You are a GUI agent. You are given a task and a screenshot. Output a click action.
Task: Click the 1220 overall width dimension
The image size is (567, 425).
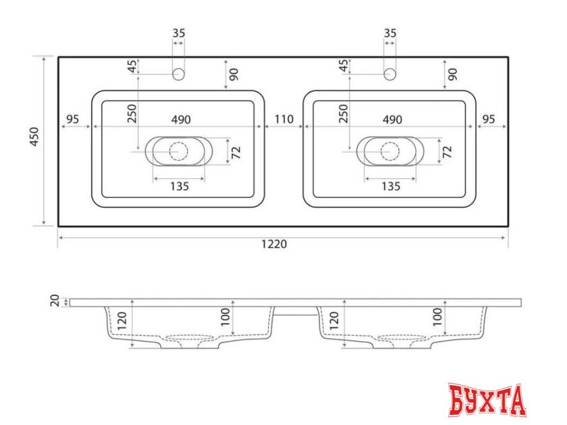tap(275, 245)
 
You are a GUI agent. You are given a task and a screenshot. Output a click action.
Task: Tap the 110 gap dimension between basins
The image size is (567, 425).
tap(283, 120)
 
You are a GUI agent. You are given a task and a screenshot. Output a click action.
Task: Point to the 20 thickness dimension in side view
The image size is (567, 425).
tap(55, 301)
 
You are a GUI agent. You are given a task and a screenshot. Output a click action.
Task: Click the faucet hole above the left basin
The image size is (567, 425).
tap(179, 74)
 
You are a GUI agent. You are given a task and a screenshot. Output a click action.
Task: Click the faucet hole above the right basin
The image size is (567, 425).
tap(389, 74)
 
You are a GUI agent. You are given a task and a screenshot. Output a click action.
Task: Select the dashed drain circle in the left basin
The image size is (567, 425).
tap(179, 151)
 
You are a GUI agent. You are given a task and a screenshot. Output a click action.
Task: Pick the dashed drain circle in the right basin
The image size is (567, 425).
tap(389, 151)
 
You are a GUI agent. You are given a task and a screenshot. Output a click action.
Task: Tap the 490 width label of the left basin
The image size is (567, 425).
tap(180, 120)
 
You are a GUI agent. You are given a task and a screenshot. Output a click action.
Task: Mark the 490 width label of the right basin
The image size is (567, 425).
tap(392, 120)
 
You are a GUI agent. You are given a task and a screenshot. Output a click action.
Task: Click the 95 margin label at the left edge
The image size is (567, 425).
tap(74, 120)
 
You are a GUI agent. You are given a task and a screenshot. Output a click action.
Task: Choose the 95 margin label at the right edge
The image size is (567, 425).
tap(489, 120)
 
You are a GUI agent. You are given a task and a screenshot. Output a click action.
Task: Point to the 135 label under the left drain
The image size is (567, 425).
tap(179, 186)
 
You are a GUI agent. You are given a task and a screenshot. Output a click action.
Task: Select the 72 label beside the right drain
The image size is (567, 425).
tap(447, 151)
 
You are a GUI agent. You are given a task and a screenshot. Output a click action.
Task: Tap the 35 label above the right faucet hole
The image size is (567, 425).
tap(389, 32)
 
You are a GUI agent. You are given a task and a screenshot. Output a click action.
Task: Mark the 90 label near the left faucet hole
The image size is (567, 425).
tap(234, 74)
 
